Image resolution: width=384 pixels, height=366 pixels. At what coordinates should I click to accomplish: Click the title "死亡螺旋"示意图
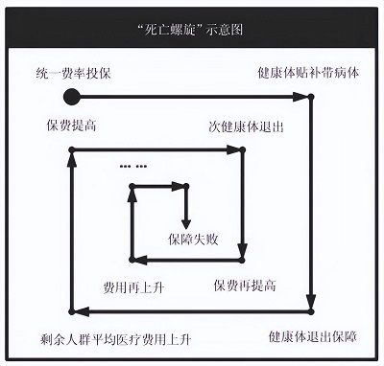pyautogui.click(x=192, y=29)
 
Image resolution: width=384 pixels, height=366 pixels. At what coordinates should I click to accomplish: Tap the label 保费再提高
pyautogui.click(x=246, y=286)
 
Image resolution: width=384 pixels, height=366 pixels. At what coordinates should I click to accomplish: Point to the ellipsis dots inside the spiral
pyautogui.click(x=133, y=167)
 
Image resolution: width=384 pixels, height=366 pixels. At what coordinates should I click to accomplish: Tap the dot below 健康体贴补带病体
pyautogui.click(x=311, y=97)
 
